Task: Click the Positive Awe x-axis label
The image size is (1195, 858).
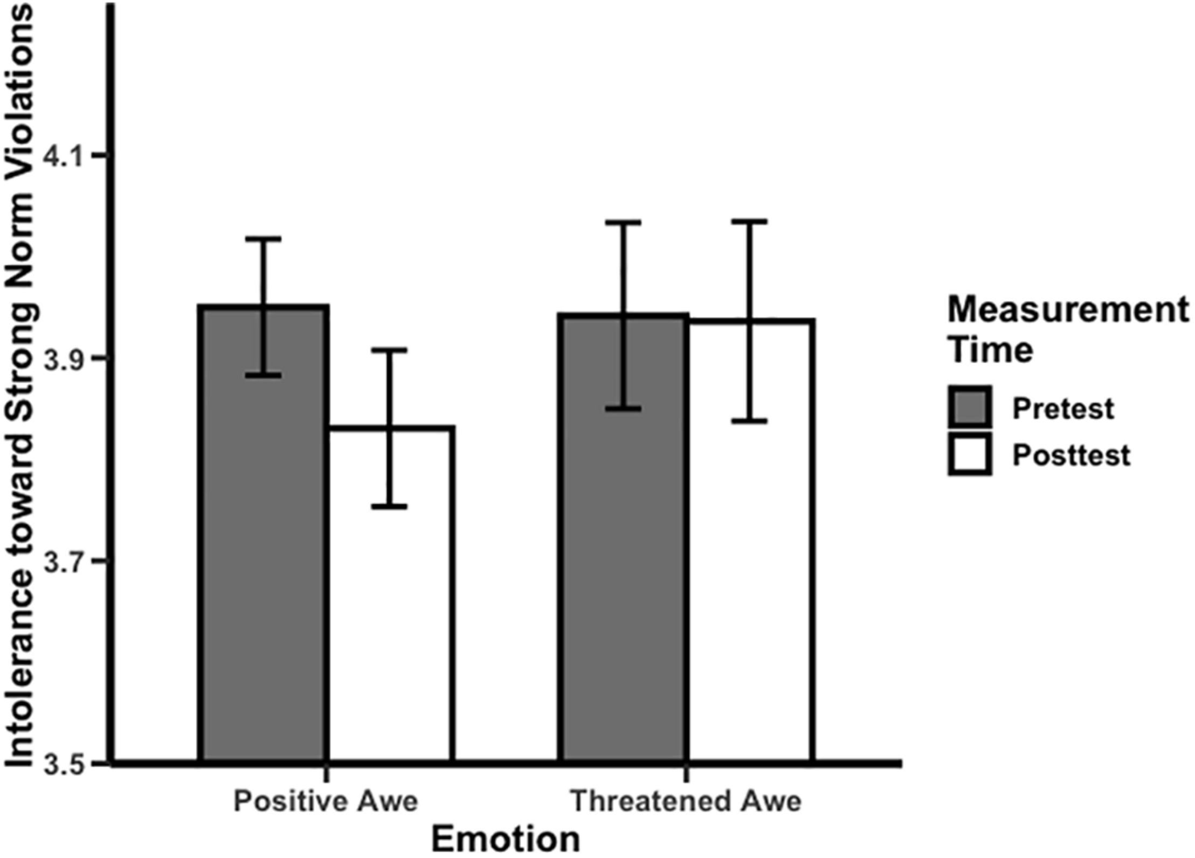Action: pos(326,801)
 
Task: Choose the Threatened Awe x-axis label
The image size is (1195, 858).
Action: pos(686,801)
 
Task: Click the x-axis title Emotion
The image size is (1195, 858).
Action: pos(506,839)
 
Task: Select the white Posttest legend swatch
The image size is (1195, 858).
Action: pos(970,454)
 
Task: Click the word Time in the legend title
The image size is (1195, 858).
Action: pos(990,350)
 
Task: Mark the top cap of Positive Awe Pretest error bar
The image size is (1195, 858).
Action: pos(264,239)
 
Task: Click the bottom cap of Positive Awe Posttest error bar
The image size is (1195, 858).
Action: pos(390,506)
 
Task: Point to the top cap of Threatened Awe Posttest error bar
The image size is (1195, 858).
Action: pos(750,222)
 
